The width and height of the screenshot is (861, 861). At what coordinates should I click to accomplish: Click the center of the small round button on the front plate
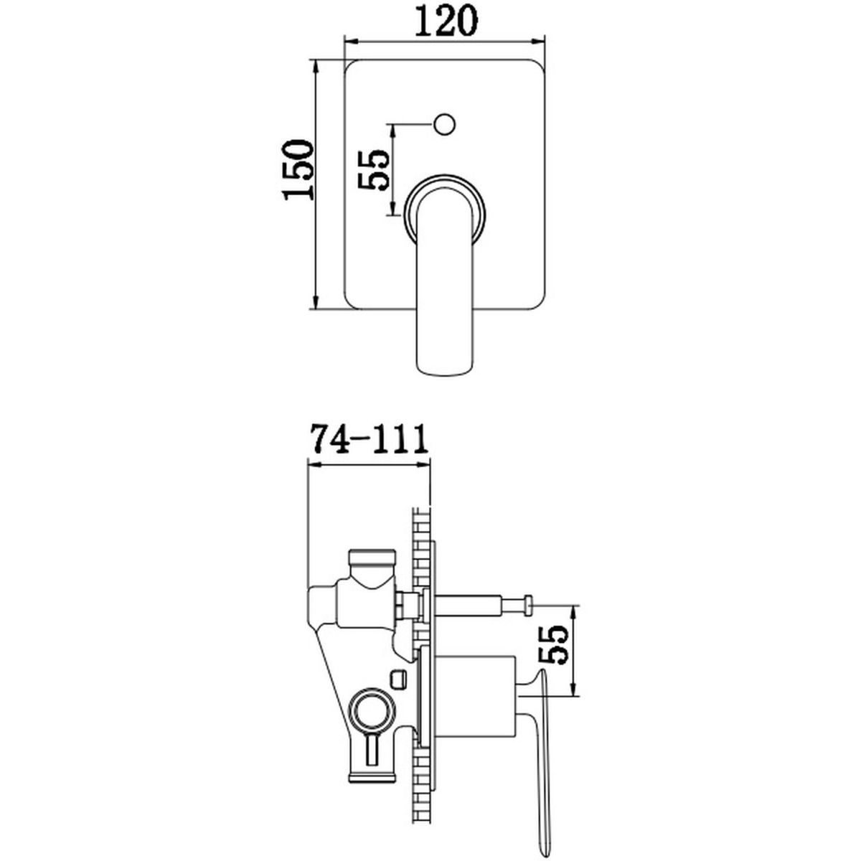click(445, 124)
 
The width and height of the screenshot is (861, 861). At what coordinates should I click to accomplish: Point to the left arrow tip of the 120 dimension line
click(344, 42)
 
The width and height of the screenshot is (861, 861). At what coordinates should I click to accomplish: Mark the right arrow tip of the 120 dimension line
click(545, 42)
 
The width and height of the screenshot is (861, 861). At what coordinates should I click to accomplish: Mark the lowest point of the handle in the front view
click(445, 361)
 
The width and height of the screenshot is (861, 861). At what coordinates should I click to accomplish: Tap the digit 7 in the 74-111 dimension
click(322, 440)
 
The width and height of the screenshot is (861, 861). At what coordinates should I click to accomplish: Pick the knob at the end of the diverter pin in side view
click(527, 605)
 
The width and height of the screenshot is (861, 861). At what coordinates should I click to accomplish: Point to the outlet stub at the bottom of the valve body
click(372, 770)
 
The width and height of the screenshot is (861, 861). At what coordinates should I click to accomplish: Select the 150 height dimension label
click(296, 169)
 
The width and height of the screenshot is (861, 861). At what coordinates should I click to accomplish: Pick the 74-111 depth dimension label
click(369, 440)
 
